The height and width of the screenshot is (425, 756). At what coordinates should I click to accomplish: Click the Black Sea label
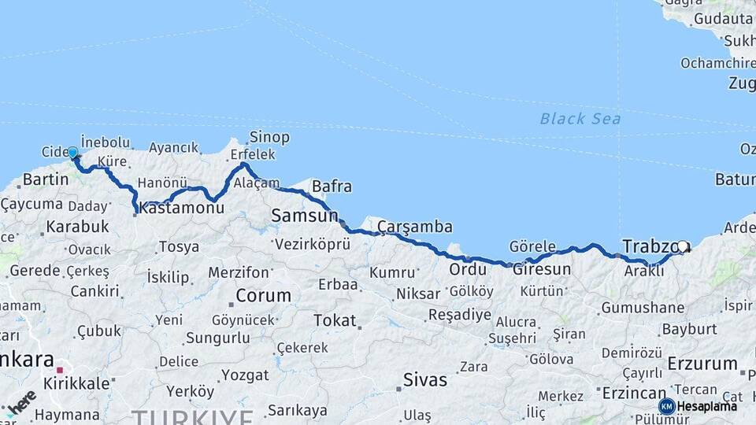[580, 119]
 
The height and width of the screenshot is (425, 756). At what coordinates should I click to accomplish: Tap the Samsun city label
[304, 215]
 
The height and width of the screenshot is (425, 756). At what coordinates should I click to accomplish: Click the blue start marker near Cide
[72, 152]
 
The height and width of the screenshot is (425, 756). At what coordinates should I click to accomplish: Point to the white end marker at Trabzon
[683, 246]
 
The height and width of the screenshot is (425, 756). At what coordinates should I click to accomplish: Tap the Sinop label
[269, 138]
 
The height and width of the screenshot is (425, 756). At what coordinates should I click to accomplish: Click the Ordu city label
[468, 269]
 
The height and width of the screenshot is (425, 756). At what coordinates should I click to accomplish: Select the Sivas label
[425, 380]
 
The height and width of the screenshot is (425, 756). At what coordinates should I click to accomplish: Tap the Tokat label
[335, 320]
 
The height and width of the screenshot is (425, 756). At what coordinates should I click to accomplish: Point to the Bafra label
[332, 187]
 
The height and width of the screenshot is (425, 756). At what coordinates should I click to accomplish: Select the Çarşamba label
[415, 227]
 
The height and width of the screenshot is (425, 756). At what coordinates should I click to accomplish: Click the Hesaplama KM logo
[698, 406]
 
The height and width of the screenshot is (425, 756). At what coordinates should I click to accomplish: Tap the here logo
[22, 401]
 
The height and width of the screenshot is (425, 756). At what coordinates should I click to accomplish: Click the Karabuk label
[77, 227]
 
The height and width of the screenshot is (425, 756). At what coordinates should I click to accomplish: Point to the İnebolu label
[105, 142]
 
